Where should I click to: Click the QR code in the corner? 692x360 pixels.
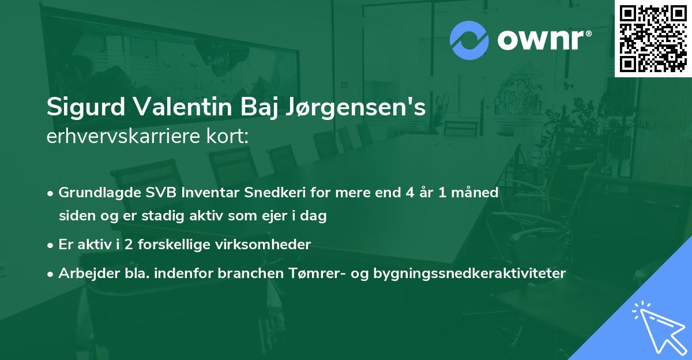coord(653,38)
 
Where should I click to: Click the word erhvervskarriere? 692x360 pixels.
coord(122,136)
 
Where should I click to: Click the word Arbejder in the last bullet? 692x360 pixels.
coord(83,273)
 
